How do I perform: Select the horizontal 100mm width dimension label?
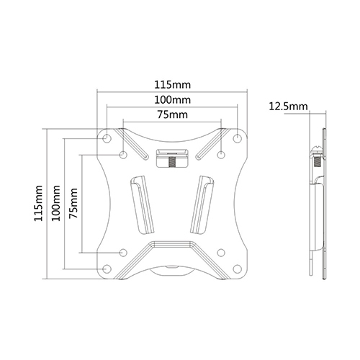172,99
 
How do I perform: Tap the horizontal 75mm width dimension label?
172,114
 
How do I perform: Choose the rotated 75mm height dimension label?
73,203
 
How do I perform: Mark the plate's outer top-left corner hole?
107,138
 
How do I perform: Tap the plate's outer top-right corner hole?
238,138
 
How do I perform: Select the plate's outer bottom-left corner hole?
107,269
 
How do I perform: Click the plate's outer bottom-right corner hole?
238,269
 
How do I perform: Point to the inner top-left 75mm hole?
123,154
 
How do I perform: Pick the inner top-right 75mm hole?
222,154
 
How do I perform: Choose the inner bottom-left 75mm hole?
123,252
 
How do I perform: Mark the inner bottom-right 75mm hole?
222,252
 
